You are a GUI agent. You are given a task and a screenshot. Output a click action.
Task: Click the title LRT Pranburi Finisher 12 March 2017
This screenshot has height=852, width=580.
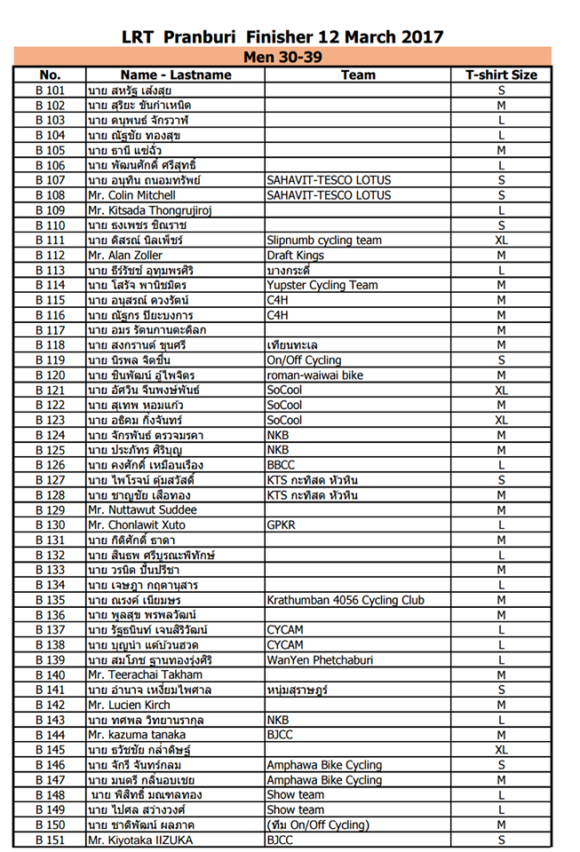point(282,36)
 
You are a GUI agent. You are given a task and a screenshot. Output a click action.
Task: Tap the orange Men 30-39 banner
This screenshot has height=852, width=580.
point(282,57)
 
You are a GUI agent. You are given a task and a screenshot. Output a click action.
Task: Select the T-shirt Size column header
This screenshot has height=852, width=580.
point(501,75)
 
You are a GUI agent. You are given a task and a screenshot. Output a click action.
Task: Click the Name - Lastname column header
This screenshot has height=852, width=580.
point(176,75)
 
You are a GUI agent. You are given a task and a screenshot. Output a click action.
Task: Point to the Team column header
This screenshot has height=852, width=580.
point(358,75)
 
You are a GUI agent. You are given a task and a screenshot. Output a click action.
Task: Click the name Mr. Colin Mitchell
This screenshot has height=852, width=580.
point(131,195)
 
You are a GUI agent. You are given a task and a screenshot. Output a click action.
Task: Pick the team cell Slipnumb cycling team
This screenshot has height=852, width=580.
point(324,241)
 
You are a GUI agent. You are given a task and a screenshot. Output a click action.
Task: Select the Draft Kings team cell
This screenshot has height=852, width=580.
point(293,256)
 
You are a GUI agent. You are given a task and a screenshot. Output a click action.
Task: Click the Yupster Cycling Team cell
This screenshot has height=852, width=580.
point(322,285)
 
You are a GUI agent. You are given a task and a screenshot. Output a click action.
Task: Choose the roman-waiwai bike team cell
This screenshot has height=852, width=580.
point(314,375)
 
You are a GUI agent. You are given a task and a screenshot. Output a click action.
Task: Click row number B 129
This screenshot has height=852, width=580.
point(50,510)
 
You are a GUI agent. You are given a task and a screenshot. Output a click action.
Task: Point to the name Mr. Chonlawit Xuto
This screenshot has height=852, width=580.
point(137,525)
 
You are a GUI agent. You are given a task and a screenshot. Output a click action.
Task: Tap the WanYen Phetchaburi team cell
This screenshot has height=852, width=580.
point(321,660)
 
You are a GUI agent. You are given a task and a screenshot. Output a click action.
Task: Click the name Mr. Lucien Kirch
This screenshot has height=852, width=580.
point(128,706)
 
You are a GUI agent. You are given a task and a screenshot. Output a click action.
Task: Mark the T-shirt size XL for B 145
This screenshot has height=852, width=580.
point(501,750)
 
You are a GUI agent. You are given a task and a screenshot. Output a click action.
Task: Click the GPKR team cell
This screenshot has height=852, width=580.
point(282,525)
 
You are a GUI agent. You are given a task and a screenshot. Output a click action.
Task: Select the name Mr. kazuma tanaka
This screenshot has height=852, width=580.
point(135,736)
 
